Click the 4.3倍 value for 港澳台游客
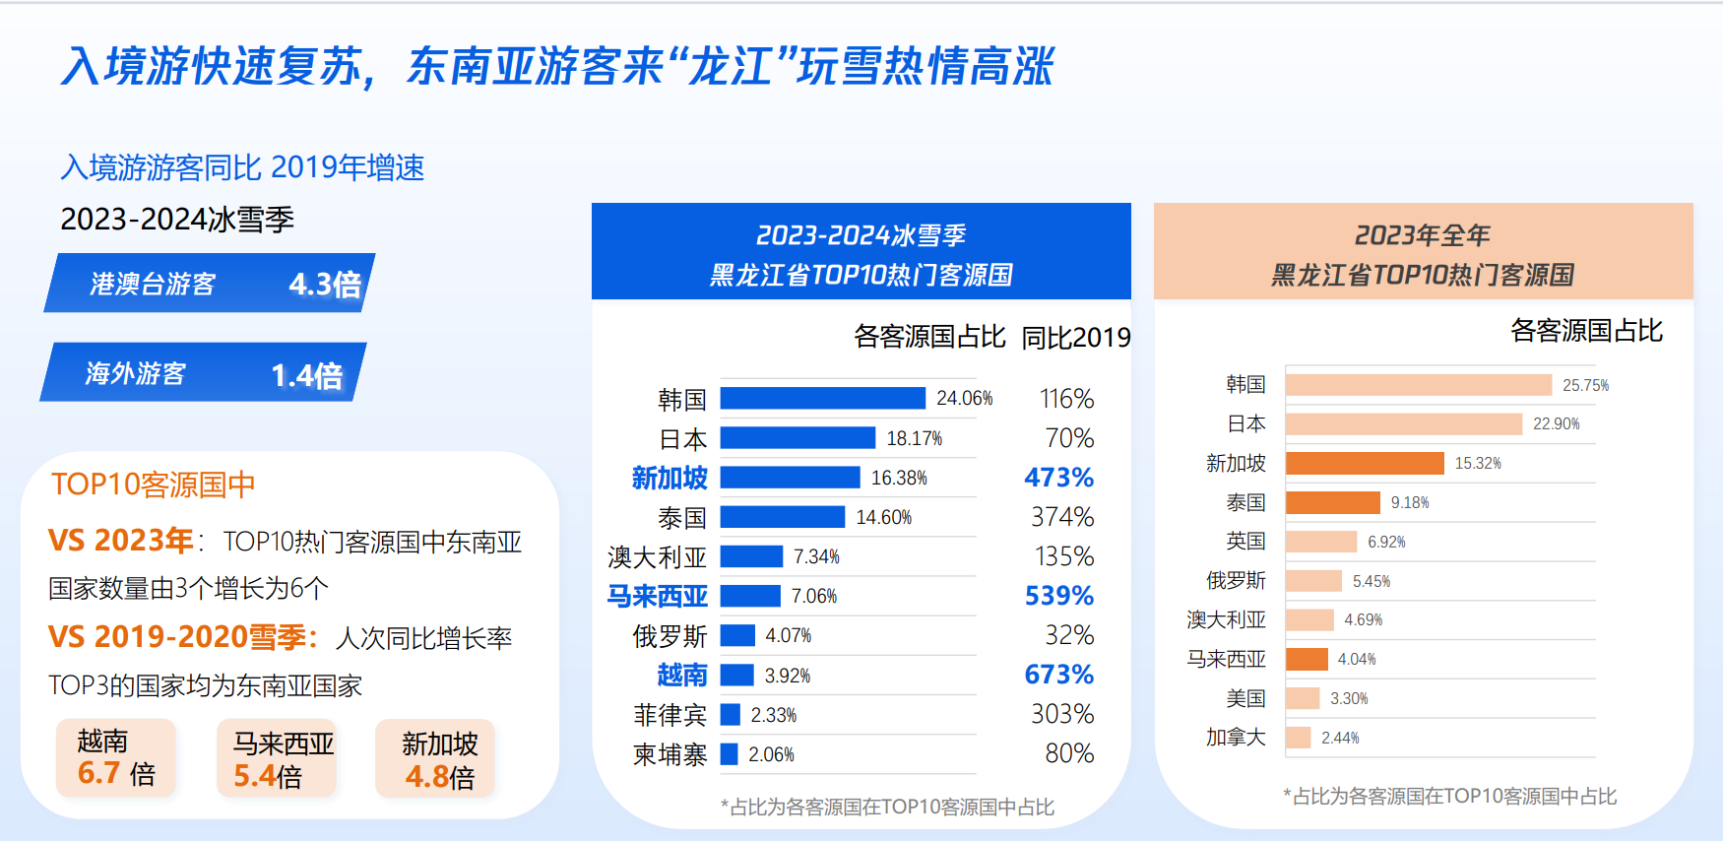tap(325, 285)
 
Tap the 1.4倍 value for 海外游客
tap(307, 375)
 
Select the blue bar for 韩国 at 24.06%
tap(822, 398)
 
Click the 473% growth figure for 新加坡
tap(1058, 478)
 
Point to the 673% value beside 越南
tap(1058, 675)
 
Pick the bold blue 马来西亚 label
tap(657, 596)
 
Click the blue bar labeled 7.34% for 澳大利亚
tap(751, 556)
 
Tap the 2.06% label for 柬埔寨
tap(771, 754)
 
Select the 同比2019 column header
tap(1075, 338)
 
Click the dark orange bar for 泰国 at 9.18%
tap(1332, 502)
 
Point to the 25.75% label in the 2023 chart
tap(1585, 385)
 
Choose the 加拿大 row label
tap(1236, 737)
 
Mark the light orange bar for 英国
tap(1320, 542)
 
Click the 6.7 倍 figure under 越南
tap(116, 774)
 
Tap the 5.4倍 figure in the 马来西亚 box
tap(268, 777)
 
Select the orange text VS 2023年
tap(120, 541)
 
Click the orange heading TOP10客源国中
tap(153, 485)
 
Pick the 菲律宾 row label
tap(670, 715)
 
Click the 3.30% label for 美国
tap(1349, 698)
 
